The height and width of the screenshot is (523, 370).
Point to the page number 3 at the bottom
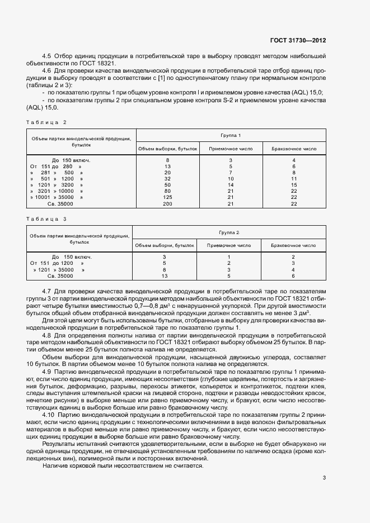[x=325, y=477]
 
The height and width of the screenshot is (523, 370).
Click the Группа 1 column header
[x=231, y=136]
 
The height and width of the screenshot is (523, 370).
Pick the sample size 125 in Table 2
[x=167, y=197]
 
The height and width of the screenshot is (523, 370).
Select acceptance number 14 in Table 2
[x=231, y=184]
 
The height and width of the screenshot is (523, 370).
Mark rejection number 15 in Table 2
[x=294, y=184]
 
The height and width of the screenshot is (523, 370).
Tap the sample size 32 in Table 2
[x=167, y=178]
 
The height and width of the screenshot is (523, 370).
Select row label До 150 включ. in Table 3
[x=72, y=256]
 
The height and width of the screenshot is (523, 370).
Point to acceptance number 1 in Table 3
[x=229, y=256]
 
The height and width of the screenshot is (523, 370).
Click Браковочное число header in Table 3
[x=293, y=245]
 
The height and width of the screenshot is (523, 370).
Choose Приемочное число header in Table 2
[x=231, y=149]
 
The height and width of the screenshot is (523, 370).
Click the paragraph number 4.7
[x=47, y=292]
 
